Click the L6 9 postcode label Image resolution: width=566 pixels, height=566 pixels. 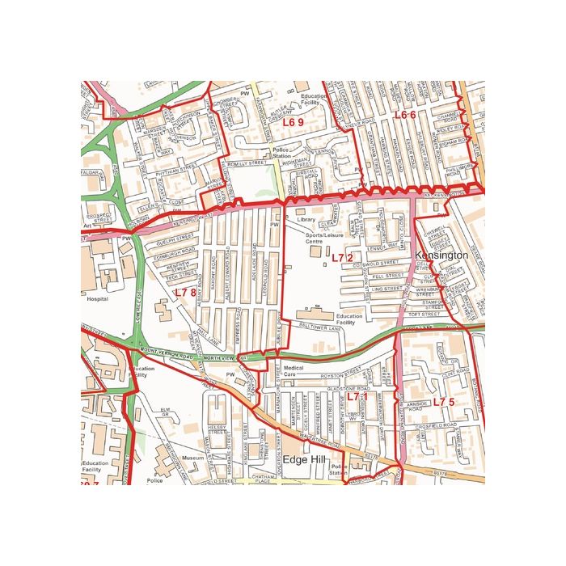(293, 122)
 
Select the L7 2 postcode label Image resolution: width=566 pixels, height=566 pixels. (342, 257)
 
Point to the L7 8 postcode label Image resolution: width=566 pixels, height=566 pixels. (185, 292)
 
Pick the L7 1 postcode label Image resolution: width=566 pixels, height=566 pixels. (357, 396)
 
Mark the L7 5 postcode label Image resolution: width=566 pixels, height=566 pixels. (444, 402)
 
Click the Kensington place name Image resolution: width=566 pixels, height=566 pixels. (441, 255)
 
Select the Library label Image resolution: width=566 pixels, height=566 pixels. (306, 219)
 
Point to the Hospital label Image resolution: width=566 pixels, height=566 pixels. (96, 298)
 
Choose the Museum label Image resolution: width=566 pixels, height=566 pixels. (192, 458)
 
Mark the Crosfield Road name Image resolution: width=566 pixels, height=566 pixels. (437, 425)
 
